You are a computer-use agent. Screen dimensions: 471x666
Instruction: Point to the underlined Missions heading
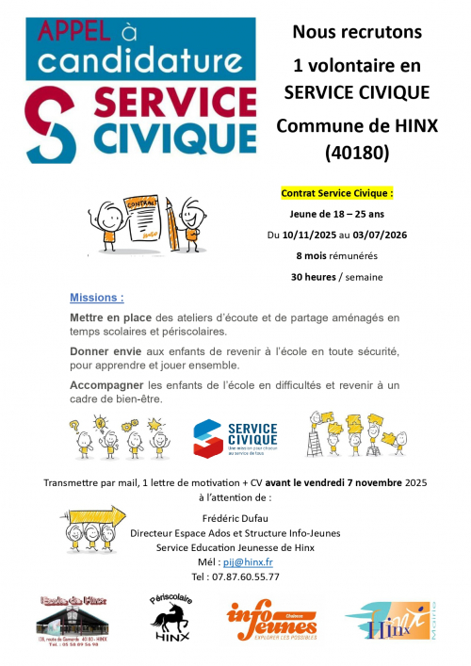tap(96, 298)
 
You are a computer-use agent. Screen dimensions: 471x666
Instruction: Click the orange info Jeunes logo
tap(270, 622)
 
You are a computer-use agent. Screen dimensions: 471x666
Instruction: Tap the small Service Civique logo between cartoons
tap(235, 436)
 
